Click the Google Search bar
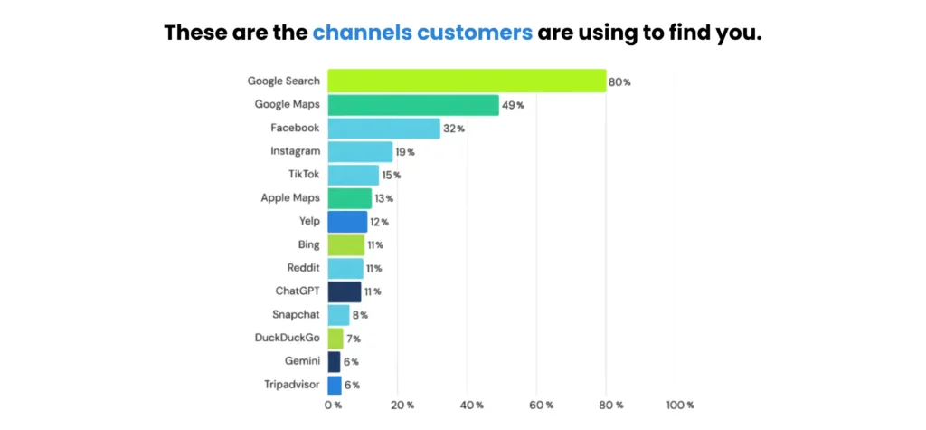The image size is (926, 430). (466, 81)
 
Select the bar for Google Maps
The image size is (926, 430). (412, 105)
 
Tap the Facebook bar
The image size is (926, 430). (383, 129)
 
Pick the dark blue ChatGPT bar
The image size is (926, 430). (344, 291)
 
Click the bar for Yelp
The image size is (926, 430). (347, 222)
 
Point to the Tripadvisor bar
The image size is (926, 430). (334, 385)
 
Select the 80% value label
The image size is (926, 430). (619, 82)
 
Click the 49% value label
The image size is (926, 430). (513, 106)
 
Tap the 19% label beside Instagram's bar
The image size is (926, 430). (404, 152)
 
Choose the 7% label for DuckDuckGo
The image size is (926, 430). (355, 339)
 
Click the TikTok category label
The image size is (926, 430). (303, 175)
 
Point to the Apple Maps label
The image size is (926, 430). (289, 198)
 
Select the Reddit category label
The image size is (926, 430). (300, 268)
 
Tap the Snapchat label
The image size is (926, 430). (295, 314)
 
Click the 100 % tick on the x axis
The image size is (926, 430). (679, 405)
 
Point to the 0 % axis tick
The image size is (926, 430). (333, 405)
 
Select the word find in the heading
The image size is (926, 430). (679, 34)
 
